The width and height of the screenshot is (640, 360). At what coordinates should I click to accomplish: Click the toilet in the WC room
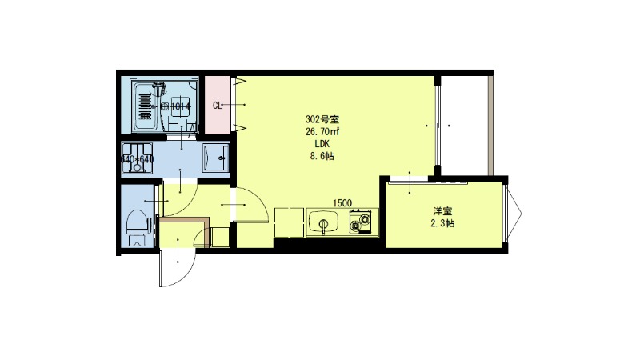pyautogui.click(x=138, y=225)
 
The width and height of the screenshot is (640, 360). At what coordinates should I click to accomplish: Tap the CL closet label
pyautogui.click(x=217, y=105)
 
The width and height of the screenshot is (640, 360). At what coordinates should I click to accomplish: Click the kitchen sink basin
pyautogui.click(x=323, y=222)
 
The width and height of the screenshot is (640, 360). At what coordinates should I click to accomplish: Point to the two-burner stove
pyautogui.click(x=362, y=222)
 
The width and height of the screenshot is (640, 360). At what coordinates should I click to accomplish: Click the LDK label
pyautogui.click(x=321, y=144)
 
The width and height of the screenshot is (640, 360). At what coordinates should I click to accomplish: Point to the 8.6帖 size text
pyautogui.click(x=321, y=157)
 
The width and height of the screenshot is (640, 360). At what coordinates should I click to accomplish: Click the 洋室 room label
pyautogui.click(x=443, y=211)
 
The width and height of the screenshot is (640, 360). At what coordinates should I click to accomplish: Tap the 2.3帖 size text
pyautogui.click(x=443, y=224)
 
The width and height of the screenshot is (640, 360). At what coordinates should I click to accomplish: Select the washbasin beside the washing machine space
pyautogui.click(x=216, y=158)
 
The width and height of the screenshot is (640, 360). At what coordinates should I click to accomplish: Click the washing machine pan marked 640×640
pyautogui.click(x=137, y=158)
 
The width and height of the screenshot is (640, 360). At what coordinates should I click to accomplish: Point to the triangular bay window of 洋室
pyautogui.click(x=514, y=212)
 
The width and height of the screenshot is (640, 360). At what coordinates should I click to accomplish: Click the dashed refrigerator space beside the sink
pyautogui.click(x=287, y=222)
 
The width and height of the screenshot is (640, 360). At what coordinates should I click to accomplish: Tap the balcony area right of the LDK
pyautogui.click(x=464, y=124)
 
